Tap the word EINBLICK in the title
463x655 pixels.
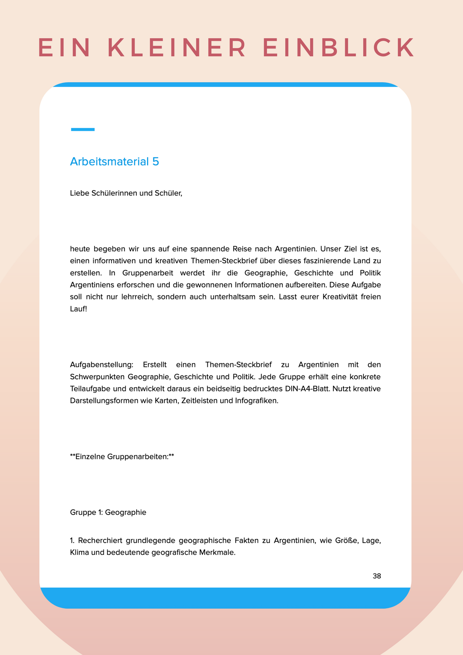[x=339, y=48]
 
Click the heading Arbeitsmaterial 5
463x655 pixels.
[x=114, y=162]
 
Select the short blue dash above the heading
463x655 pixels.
[x=82, y=130]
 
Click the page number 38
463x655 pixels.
[x=377, y=576]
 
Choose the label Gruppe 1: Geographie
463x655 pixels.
[x=108, y=512]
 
